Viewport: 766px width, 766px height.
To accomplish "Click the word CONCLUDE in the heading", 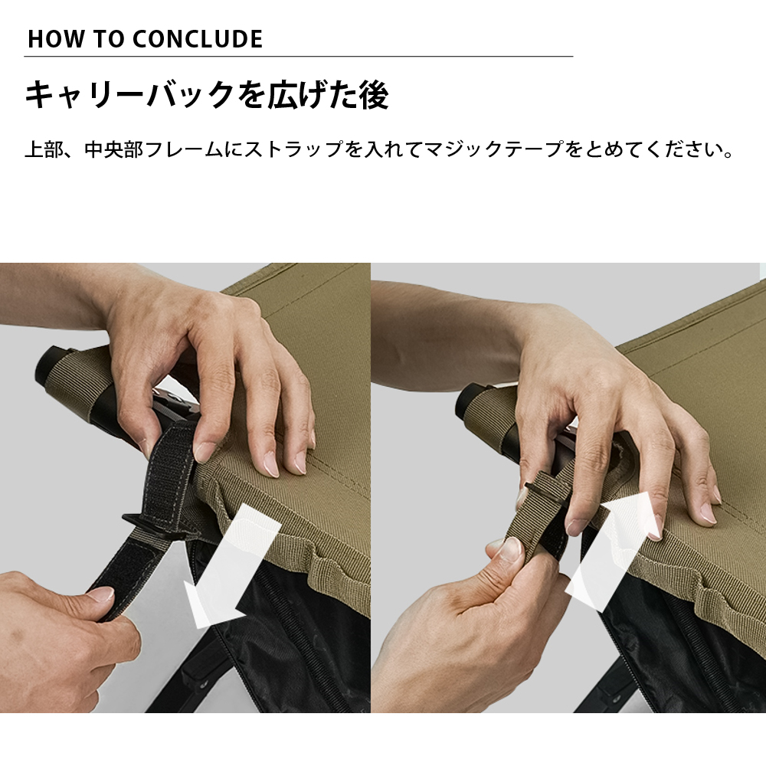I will (x=197, y=39).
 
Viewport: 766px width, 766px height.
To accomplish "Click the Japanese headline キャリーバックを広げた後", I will (x=207, y=96).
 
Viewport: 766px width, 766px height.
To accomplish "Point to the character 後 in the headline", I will (x=373, y=96).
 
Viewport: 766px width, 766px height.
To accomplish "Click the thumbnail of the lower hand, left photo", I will (x=100, y=594).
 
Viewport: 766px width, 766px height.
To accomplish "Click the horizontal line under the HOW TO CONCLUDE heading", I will (x=299, y=56).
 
